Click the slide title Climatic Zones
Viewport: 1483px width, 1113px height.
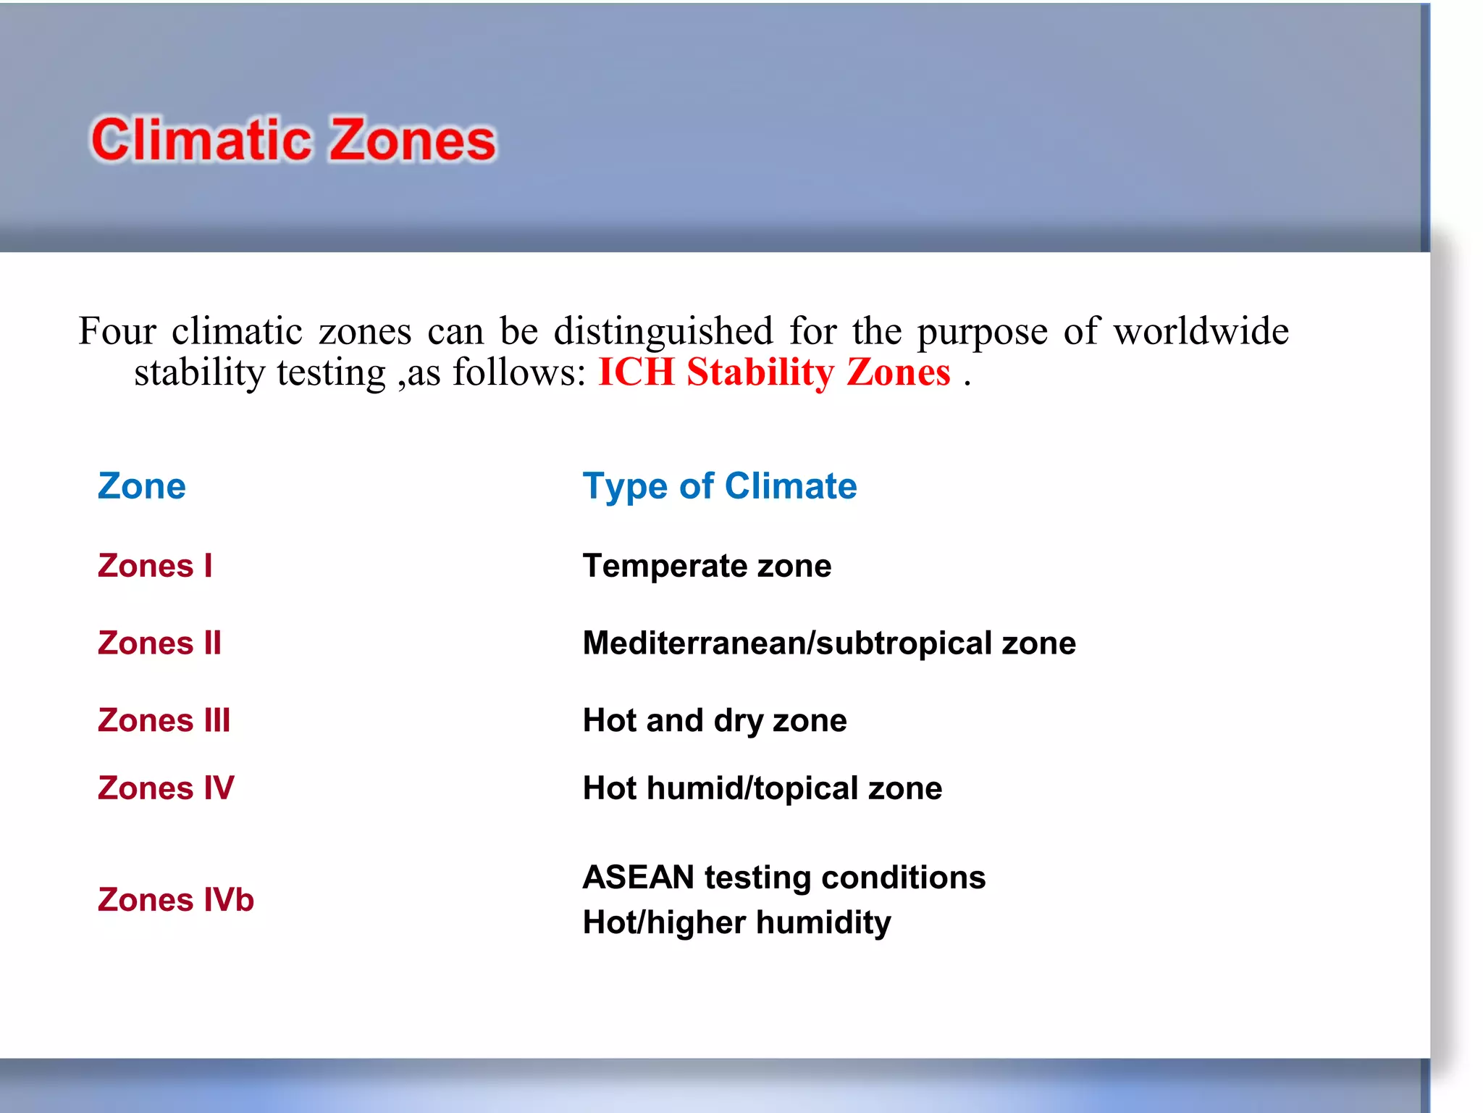[293, 139]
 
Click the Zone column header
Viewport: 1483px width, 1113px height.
[142, 485]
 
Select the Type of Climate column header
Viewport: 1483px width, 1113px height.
[720, 485]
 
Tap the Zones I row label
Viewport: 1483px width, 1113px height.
[155, 565]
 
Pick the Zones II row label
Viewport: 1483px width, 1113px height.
[159, 643]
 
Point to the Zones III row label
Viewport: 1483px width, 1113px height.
[164, 720]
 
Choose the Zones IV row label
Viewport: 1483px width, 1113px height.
[166, 788]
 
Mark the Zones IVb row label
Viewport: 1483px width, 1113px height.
[176, 899]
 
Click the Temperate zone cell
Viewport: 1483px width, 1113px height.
[707, 565]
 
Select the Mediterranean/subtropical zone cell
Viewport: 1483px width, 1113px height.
[829, 643]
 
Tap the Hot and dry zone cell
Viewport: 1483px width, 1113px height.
[715, 720]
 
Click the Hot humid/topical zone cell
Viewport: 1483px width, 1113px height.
[762, 788]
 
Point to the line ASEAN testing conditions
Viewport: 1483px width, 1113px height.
[784, 877]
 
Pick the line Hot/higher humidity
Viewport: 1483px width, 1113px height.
[737, 922]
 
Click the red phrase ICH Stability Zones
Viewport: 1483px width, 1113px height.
[774, 372]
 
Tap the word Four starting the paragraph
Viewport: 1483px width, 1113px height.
[117, 331]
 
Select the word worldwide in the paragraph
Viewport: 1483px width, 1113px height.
[1201, 331]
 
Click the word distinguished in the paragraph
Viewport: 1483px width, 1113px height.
[663, 333]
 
